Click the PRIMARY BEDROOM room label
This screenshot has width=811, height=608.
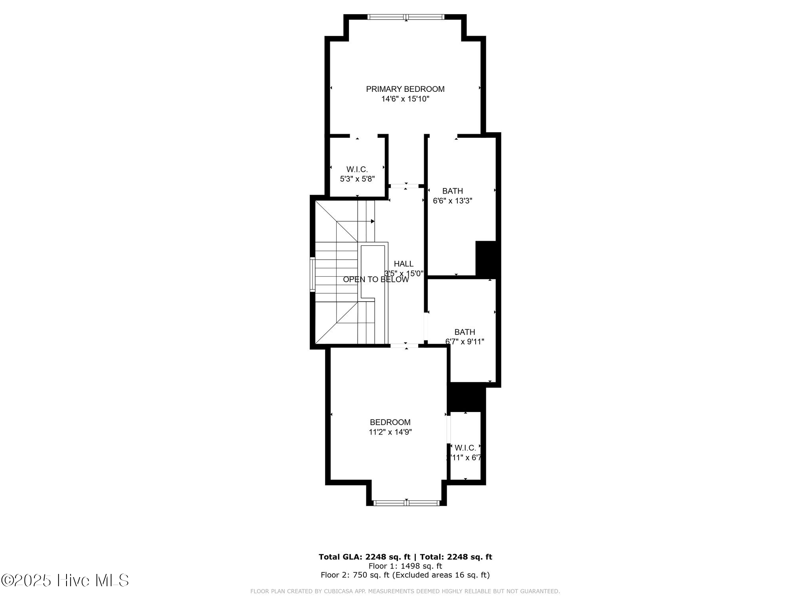[405, 89]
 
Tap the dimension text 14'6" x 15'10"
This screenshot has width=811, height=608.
[405, 99]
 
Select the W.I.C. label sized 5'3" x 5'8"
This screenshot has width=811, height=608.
[357, 169]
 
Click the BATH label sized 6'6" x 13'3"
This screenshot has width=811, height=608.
[453, 191]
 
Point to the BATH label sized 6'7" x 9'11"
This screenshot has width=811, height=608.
[465, 332]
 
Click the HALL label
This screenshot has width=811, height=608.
[404, 264]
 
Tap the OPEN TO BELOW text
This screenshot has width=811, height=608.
[375, 279]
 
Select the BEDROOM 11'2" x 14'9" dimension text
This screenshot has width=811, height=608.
[390, 432]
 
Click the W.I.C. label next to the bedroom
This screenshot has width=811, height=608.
[465, 448]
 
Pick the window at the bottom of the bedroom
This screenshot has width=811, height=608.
[406, 503]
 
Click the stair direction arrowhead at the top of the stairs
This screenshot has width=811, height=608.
[373, 221]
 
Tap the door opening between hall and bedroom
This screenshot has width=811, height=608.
[405, 346]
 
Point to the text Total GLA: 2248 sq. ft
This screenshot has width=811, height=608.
[364, 557]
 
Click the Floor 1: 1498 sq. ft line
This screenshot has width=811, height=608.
[405, 566]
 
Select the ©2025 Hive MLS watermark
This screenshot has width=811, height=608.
[65, 580]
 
